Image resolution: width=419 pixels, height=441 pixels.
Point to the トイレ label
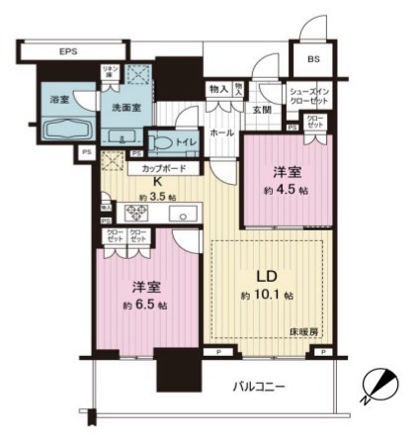(x=186, y=141)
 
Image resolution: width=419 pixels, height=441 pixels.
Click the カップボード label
(x=153, y=169)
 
